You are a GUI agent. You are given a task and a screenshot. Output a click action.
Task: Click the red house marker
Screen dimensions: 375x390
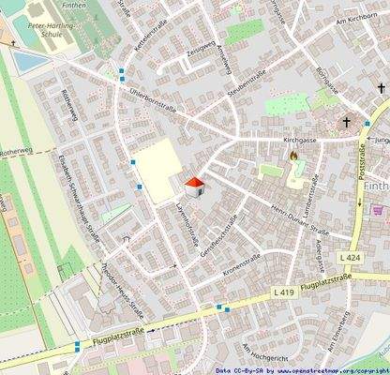194,187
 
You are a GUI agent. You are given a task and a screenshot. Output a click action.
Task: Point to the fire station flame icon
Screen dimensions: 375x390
294,157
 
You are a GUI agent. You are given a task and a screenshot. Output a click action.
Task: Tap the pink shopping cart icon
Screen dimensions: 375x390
378,210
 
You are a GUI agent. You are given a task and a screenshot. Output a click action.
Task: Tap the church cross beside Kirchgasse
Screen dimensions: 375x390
346,122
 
